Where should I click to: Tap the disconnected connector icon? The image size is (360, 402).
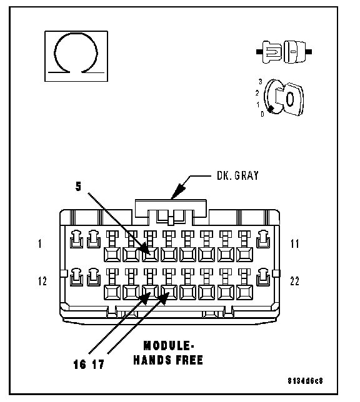(x=284, y=52)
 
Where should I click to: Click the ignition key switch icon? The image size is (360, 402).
(x=284, y=97)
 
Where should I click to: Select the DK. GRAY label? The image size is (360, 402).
(x=237, y=175)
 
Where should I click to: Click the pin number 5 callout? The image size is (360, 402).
(x=78, y=187)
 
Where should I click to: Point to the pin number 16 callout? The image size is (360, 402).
(x=79, y=365)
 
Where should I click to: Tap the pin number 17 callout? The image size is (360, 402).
(x=98, y=365)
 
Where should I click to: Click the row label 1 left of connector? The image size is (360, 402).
(x=40, y=243)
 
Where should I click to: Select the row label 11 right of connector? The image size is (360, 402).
(x=295, y=243)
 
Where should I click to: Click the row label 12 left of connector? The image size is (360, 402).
(x=42, y=282)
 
